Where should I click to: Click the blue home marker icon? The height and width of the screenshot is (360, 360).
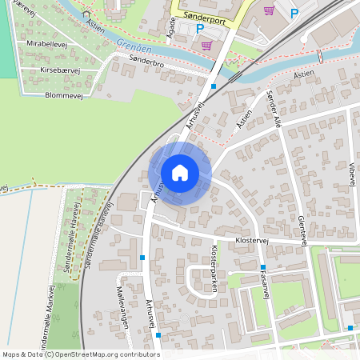pos(179,172)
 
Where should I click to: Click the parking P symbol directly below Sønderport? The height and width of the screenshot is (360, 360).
pos(200,29)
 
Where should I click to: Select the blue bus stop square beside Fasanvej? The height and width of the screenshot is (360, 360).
pos(262,267)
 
